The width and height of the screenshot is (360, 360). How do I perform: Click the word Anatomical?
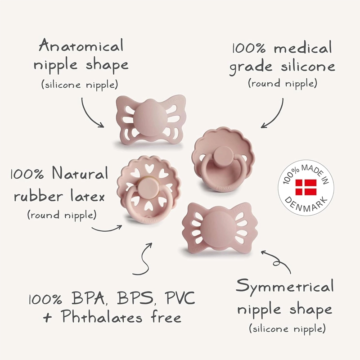[x=81, y=45]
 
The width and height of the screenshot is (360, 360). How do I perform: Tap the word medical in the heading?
[x=302, y=48]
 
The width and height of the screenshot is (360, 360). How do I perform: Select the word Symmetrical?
[x=285, y=286]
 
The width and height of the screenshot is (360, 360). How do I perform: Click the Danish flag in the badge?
[x=306, y=187]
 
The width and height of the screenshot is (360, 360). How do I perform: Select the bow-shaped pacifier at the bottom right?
[x=220, y=227]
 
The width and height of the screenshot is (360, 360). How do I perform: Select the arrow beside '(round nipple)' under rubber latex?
[x=107, y=229]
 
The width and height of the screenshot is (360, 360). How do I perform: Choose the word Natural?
[x=81, y=173]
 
